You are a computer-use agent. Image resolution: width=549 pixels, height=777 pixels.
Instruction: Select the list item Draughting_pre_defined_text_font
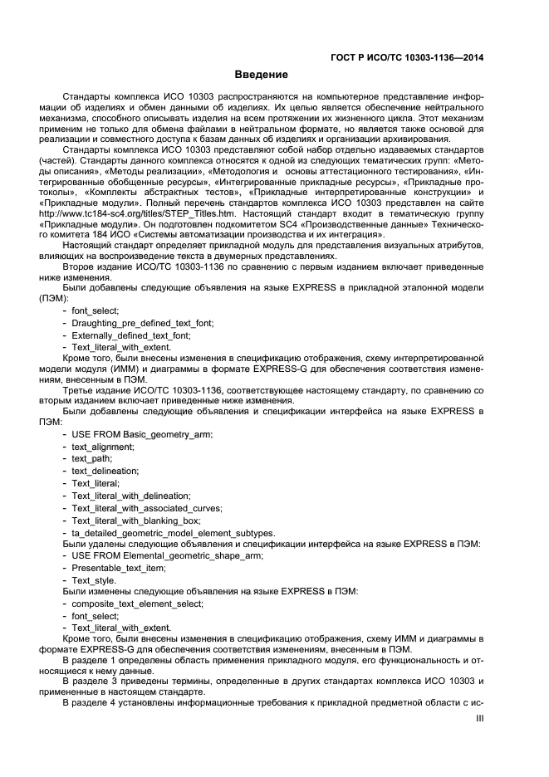pos(142,322)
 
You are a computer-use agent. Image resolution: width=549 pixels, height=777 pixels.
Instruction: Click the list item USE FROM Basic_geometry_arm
pos(142,434)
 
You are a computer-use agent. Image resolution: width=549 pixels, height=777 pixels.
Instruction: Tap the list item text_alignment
pos(102,447)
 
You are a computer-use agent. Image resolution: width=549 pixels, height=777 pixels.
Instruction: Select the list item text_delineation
pos(104,471)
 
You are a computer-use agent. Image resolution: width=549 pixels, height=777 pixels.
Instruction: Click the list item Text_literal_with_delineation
pos(130,496)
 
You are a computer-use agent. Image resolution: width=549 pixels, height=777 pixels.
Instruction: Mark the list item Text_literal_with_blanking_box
pos(136,520)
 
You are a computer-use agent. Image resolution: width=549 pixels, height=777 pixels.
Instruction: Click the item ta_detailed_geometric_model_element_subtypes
pos(173,533)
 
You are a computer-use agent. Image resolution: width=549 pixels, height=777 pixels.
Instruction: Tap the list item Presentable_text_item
pos(118,569)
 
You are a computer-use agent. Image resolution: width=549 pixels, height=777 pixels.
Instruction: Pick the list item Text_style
pos(93,582)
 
